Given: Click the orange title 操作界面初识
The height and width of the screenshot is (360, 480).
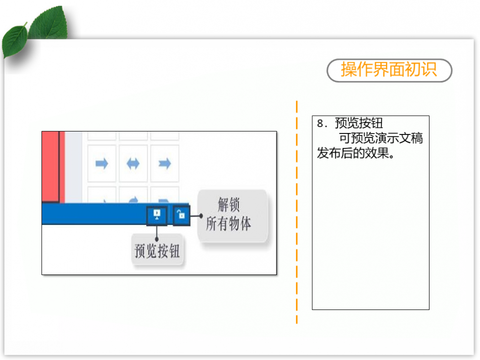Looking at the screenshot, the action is pyautogui.click(x=389, y=69).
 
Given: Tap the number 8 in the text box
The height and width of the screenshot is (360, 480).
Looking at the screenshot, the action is pyautogui.click(x=320, y=123).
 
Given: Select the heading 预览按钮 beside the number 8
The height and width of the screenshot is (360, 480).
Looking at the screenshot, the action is pyautogui.click(x=359, y=123).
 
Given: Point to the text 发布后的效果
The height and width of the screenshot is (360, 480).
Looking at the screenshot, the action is pyautogui.click(x=353, y=153).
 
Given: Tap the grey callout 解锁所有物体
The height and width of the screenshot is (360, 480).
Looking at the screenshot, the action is pyautogui.click(x=232, y=215).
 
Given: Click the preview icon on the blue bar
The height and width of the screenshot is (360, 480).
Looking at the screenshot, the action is pyautogui.click(x=157, y=215).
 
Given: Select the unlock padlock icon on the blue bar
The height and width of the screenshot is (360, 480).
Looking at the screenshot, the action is pyautogui.click(x=181, y=215).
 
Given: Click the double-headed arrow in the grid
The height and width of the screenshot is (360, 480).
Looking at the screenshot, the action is pyautogui.click(x=133, y=164).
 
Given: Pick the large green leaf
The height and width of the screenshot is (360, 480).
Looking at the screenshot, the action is pyautogui.click(x=49, y=23).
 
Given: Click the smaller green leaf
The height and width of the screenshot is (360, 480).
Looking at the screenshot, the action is pyautogui.click(x=14, y=40).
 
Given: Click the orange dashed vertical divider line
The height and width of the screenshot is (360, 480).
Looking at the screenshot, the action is pyautogui.click(x=297, y=212).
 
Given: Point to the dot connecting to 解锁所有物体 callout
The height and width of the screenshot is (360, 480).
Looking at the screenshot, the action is pyautogui.click(x=201, y=216).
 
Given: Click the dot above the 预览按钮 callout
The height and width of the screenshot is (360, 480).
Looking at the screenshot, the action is pyautogui.click(x=157, y=239).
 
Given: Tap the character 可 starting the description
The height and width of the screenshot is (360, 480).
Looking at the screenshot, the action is pyautogui.click(x=345, y=138).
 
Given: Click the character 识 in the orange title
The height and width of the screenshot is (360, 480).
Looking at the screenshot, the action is pyautogui.click(x=429, y=69).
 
